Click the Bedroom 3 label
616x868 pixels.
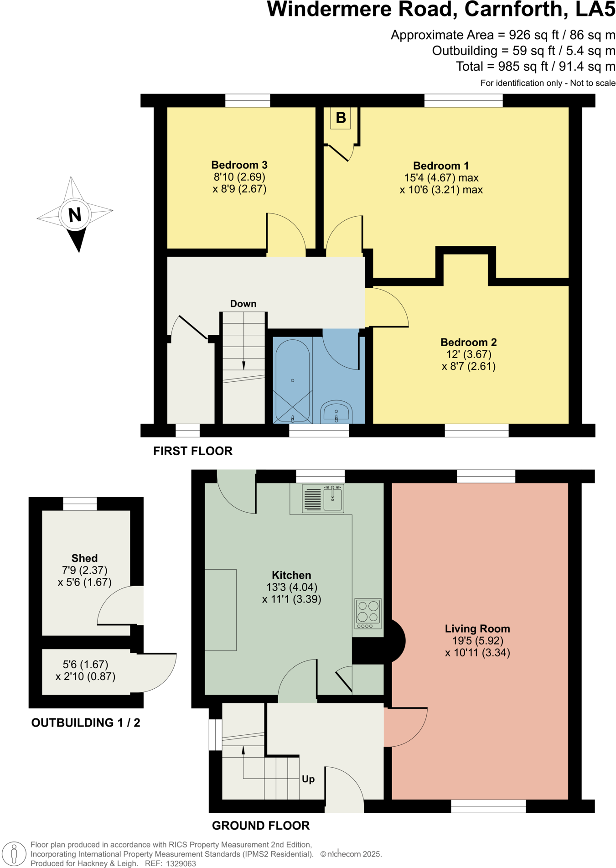[x=239, y=165]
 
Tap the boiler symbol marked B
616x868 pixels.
[x=341, y=118]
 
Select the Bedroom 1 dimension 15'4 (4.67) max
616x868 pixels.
[x=441, y=178]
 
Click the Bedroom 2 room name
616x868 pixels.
[x=468, y=342]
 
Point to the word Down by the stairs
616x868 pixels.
[x=243, y=304]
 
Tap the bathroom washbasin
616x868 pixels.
[x=336, y=412]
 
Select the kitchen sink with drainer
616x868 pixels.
[x=323, y=499]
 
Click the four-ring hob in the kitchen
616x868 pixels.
[x=368, y=613]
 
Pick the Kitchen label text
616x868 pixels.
[x=291, y=575]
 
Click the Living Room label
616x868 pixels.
[x=477, y=629]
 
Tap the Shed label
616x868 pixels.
[x=84, y=558]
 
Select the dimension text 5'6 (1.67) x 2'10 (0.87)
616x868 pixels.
[x=85, y=670]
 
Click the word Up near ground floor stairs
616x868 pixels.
[x=308, y=779]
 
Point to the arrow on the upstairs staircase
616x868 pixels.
[x=243, y=365]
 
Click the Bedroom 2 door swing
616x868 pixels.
[x=388, y=307]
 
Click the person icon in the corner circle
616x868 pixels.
[x=14, y=853]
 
